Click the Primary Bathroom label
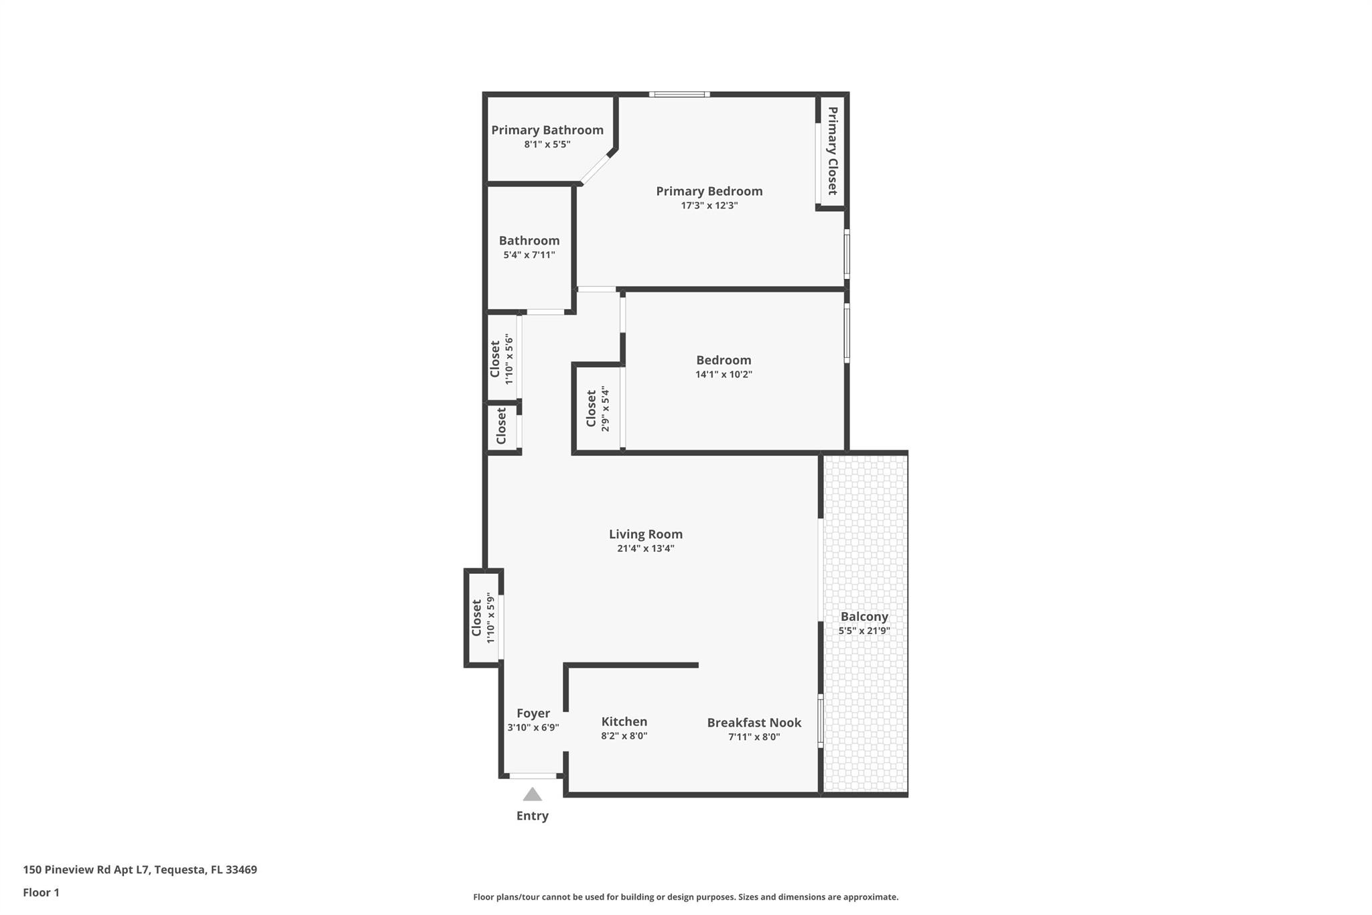[x=547, y=130]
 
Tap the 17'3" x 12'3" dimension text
[x=709, y=206]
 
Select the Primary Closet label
[x=832, y=151]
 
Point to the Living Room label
[x=645, y=534]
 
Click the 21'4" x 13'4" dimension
[x=645, y=548]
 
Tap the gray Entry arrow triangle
[x=532, y=795]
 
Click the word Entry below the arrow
[x=532, y=816]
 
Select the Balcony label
[x=864, y=617]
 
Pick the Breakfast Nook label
[x=754, y=723]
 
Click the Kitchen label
[x=624, y=722]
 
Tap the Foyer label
[x=533, y=713]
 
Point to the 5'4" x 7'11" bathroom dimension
[x=529, y=255]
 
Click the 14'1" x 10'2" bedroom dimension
[x=724, y=374]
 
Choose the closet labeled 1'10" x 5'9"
[x=482, y=618]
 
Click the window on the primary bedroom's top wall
[x=679, y=95]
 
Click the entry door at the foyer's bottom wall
[x=533, y=776]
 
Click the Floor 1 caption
[x=41, y=892]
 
